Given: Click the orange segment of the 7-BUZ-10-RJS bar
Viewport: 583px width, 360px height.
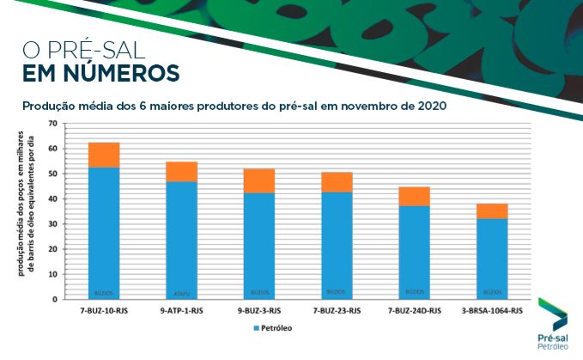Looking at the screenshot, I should click(x=104, y=155).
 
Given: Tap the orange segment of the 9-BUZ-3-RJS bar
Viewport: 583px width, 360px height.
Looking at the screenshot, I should click(x=258, y=180).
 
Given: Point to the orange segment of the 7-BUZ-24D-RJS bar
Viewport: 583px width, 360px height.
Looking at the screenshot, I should click(x=414, y=196).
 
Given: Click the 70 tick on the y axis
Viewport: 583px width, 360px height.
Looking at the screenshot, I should click(x=52, y=124).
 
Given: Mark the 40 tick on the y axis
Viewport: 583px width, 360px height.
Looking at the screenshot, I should click(x=52, y=198).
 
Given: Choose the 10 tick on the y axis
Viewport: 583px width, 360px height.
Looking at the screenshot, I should click(x=52, y=274).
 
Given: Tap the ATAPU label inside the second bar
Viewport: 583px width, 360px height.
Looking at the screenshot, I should click(x=181, y=292).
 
